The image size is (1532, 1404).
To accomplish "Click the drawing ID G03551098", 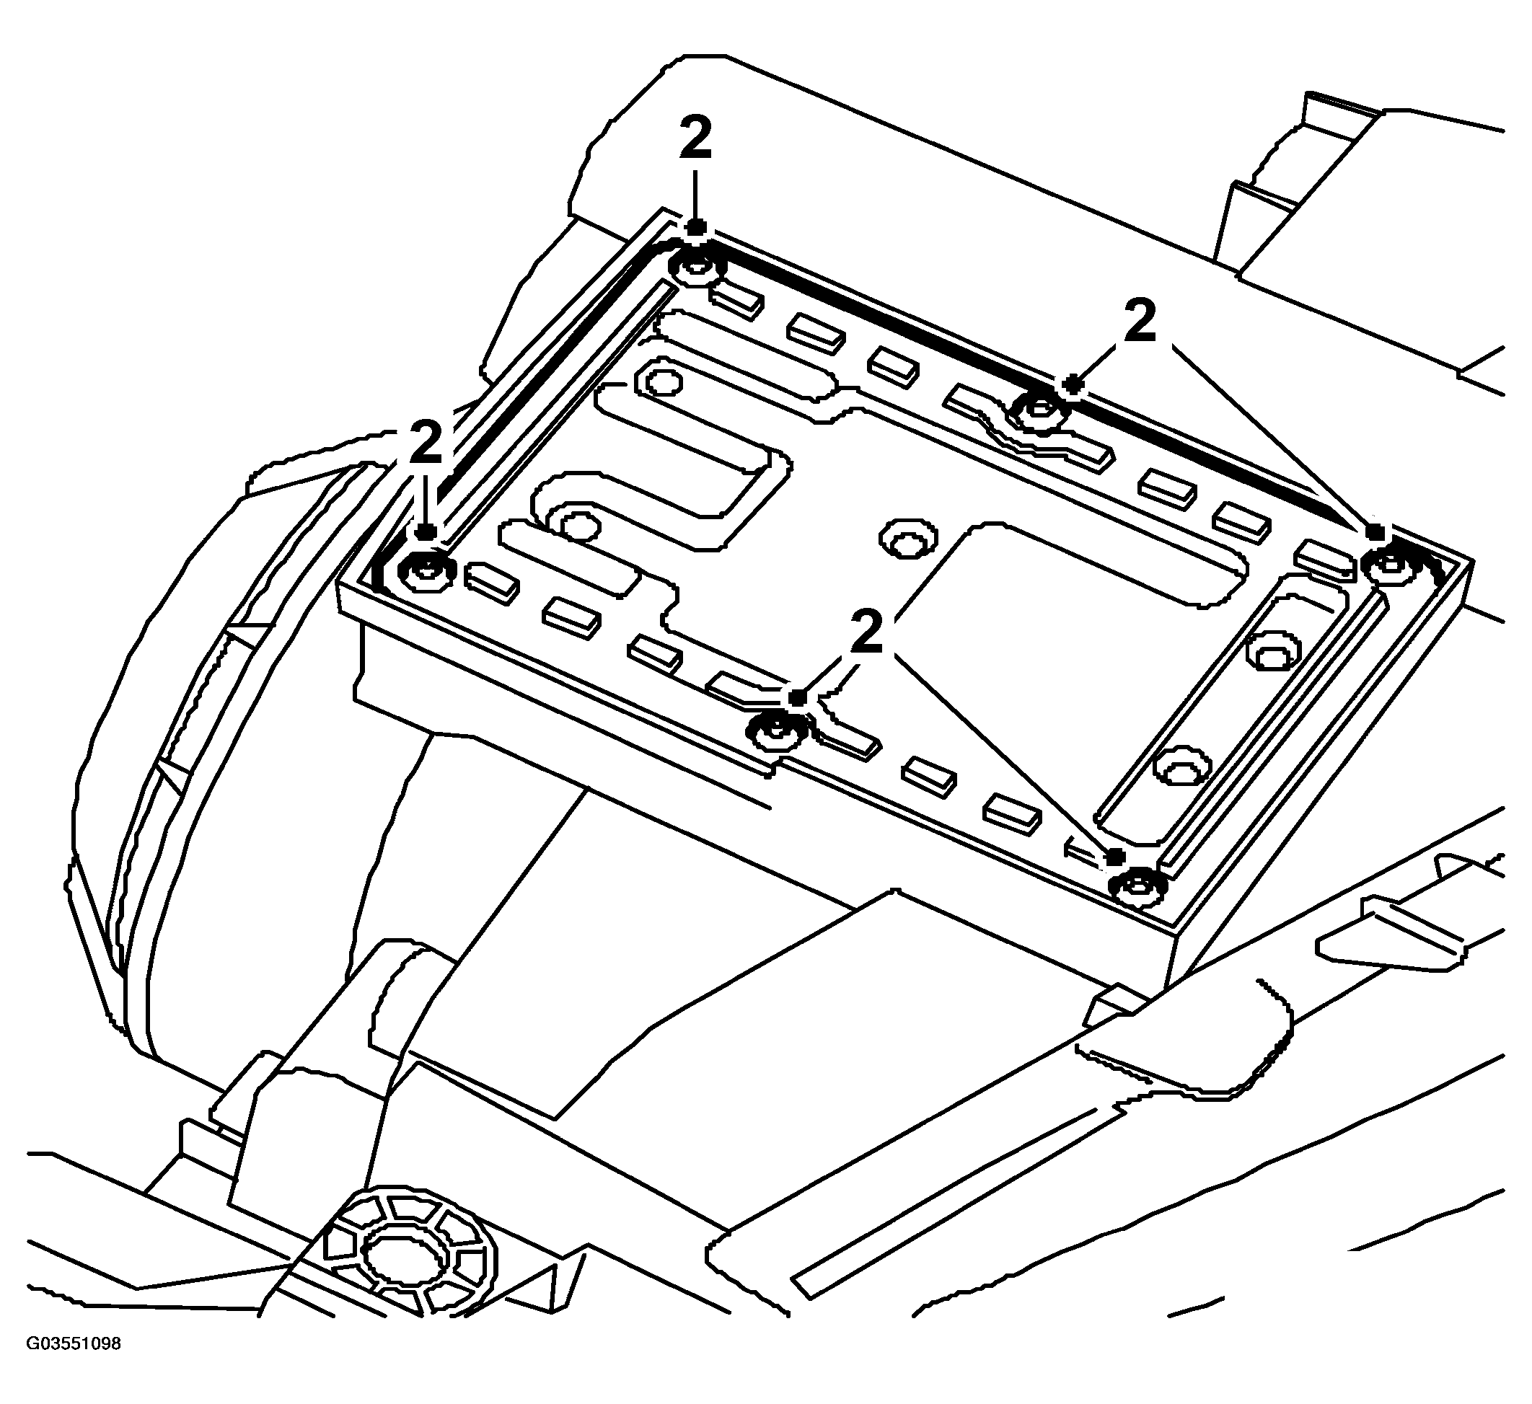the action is tap(74, 1365).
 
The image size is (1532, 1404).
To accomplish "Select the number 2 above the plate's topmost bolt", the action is tap(695, 138).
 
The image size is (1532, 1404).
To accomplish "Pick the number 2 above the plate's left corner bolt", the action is tap(426, 442).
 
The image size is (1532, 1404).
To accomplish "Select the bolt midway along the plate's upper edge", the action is tap(1039, 411).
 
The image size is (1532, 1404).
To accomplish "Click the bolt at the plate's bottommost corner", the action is tap(1138, 887).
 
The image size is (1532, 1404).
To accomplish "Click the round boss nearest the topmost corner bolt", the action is tap(662, 383).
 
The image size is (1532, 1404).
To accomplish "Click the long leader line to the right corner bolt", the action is tap(1275, 437).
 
